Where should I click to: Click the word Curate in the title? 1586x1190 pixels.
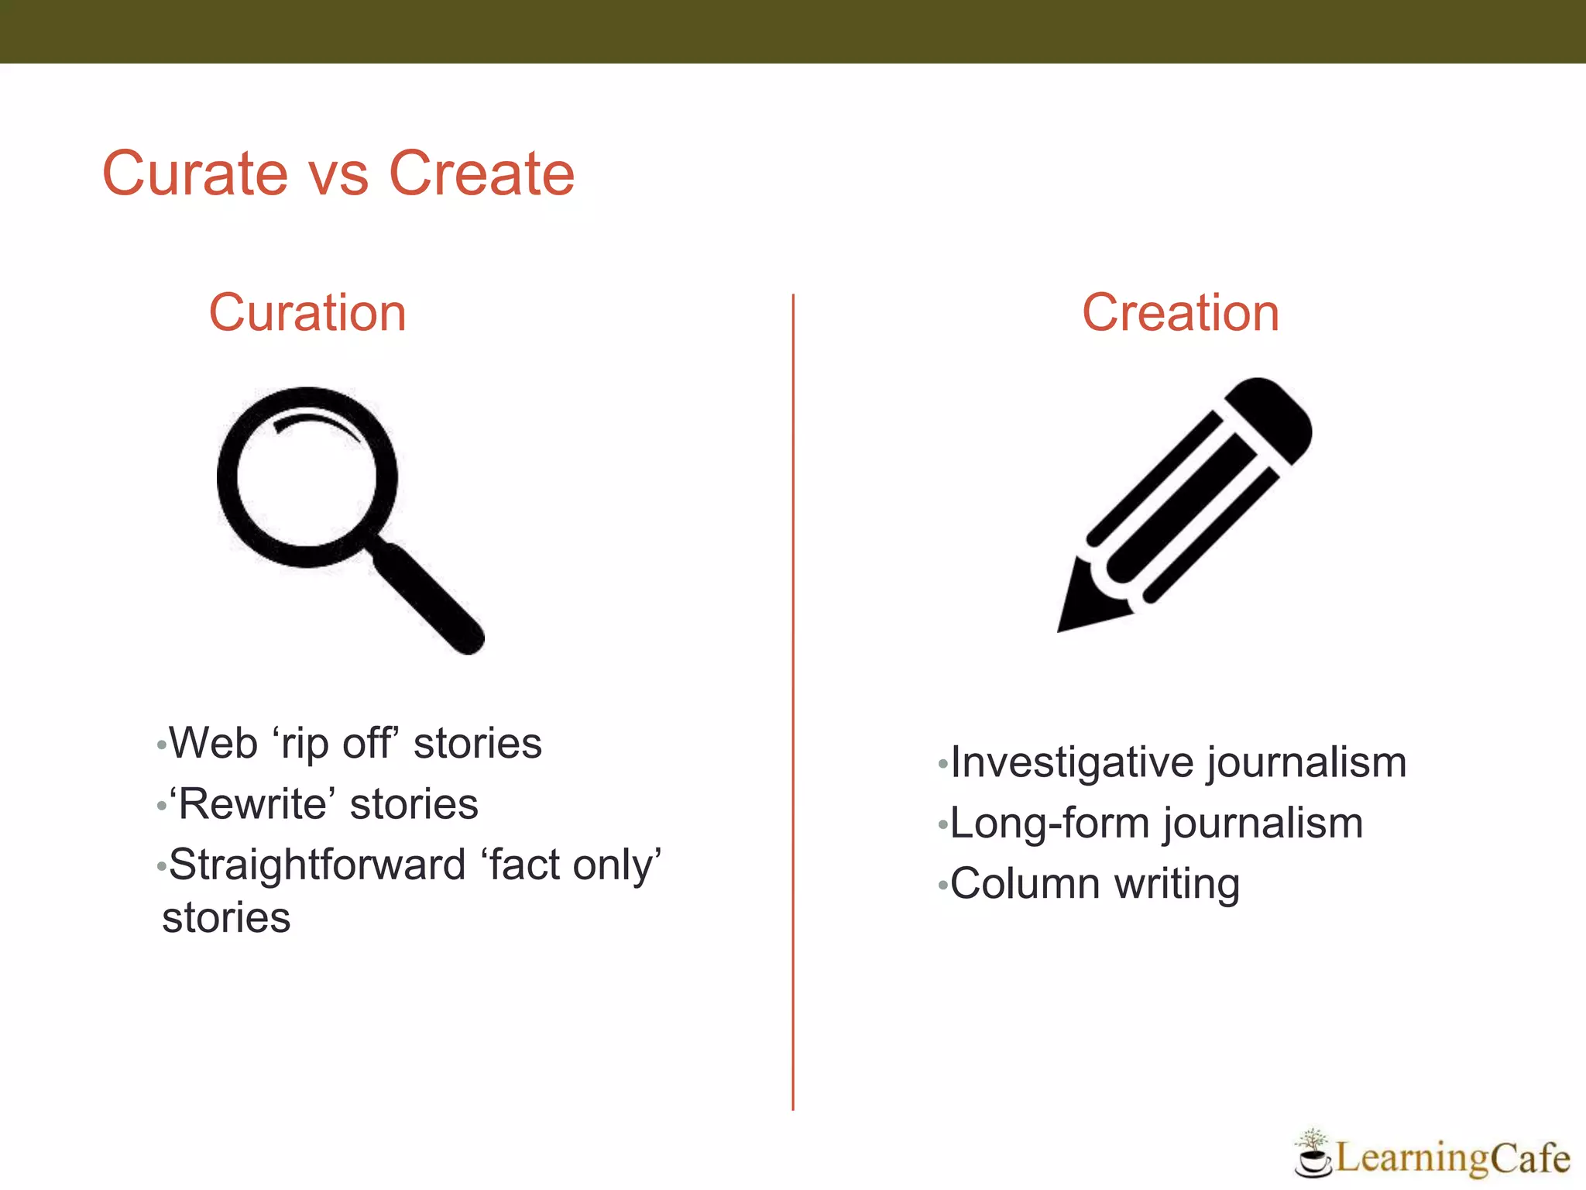point(194,174)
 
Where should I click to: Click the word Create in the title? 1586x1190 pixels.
point(481,174)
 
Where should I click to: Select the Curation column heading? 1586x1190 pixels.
point(307,313)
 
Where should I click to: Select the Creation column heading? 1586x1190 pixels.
point(1180,313)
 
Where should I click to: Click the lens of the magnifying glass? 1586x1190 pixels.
point(307,476)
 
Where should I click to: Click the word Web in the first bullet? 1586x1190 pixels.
point(213,743)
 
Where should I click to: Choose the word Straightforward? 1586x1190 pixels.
point(317,865)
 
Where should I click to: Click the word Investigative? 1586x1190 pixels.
point(1072,762)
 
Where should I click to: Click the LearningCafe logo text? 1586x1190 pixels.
point(1453,1158)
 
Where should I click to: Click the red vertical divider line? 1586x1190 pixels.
point(793,697)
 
